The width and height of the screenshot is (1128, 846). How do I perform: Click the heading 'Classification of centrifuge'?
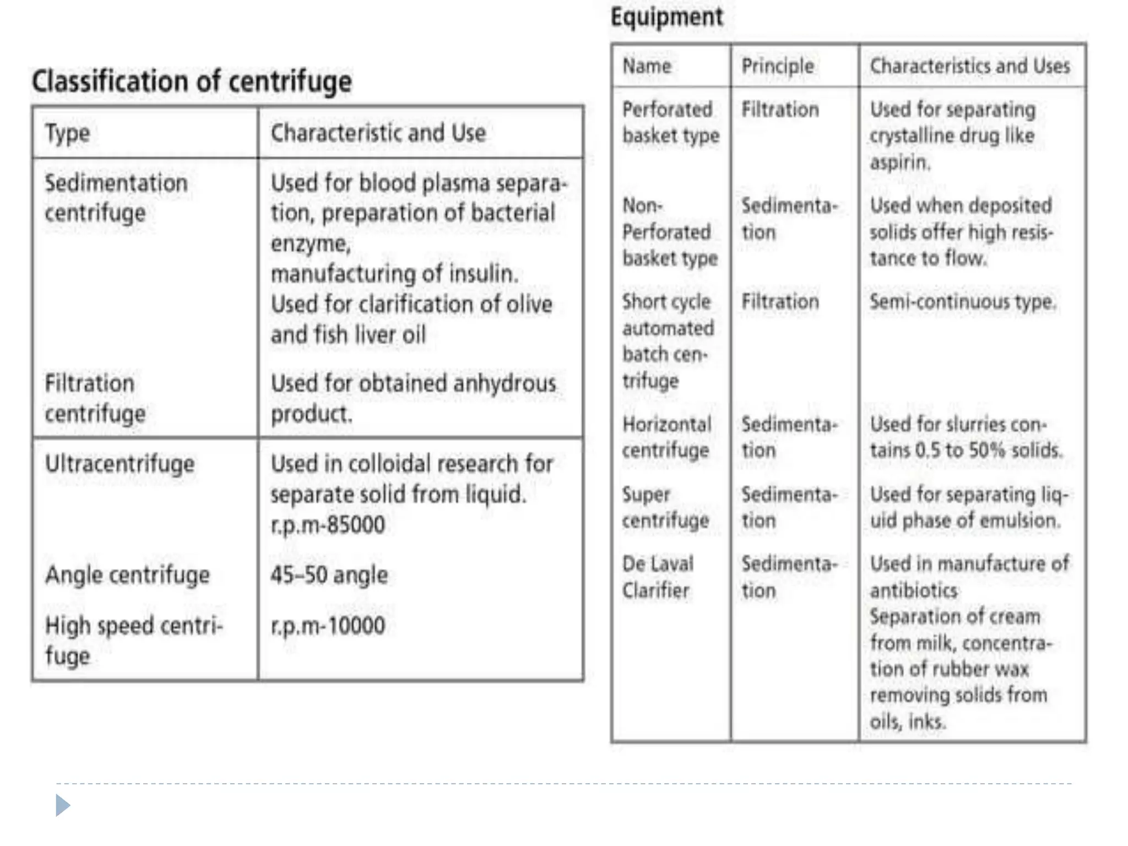[x=192, y=82]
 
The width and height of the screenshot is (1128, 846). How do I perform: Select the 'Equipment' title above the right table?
[x=666, y=17]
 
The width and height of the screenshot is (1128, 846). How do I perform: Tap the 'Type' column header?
[x=67, y=133]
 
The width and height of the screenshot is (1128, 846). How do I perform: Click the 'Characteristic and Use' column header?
[x=378, y=133]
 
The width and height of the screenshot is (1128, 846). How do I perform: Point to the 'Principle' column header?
[x=777, y=67]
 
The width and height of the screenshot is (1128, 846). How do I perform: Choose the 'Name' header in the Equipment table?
[x=647, y=66]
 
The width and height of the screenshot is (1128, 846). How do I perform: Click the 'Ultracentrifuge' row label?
[x=120, y=464]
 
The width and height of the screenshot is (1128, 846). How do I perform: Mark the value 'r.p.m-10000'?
[x=328, y=626]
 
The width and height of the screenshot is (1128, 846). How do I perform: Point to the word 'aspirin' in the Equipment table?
[x=899, y=162]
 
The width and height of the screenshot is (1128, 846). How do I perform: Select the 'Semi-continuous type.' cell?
[x=962, y=302]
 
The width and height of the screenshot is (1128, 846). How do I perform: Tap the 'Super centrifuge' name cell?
[x=665, y=507]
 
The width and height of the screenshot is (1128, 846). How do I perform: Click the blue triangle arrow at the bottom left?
[x=63, y=806]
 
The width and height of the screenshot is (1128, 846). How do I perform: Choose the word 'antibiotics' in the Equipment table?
[x=914, y=591]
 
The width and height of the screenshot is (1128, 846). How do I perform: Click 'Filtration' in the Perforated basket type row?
[x=780, y=110]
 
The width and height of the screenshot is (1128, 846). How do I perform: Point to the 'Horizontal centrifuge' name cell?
[x=666, y=437]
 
